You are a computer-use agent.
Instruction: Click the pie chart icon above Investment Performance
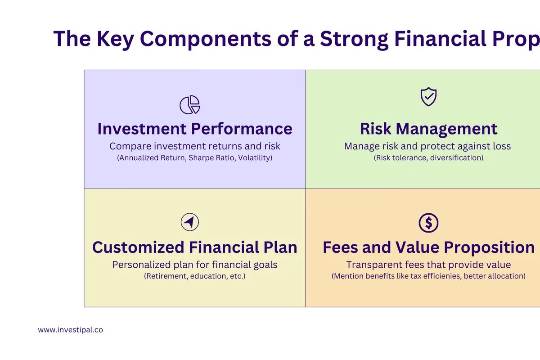[x=189, y=105]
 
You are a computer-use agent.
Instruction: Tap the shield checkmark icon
[x=428, y=97]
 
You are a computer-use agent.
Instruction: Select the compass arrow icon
[x=189, y=222]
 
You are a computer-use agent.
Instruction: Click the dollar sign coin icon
[x=428, y=222]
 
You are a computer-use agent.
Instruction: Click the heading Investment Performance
[x=194, y=129]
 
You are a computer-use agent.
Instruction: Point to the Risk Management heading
[x=428, y=129]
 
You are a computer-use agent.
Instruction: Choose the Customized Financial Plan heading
[x=194, y=247]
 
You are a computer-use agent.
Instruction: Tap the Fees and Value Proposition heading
[x=428, y=247]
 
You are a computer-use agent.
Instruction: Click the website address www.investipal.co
[x=70, y=330]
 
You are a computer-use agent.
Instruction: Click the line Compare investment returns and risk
[x=194, y=146]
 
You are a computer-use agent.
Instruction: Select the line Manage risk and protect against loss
[x=427, y=146]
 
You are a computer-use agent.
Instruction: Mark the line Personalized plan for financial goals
[x=194, y=265]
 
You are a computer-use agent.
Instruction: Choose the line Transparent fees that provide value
[x=428, y=265]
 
